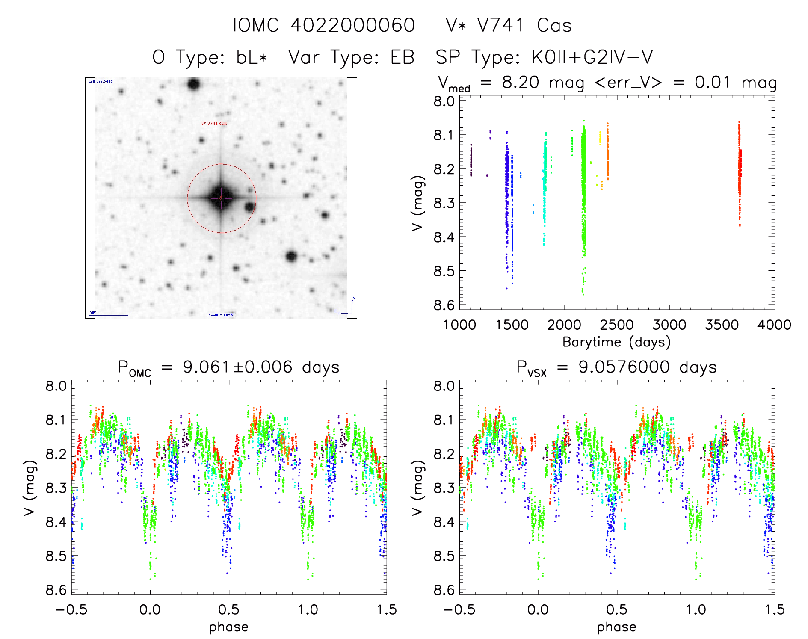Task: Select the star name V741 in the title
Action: pyautogui.click(x=500, y=26)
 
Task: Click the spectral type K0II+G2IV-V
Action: pyautogui.click(x=592, y=58)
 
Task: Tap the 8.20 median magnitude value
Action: pyautogui.click(x=521, y=82)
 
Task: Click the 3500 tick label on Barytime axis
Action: pyautogui.click(x=722, y=325)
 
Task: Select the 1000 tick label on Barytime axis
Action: pyautogui.click(x=459, y=325)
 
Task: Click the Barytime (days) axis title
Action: pyautogui.click(x=616, y=342)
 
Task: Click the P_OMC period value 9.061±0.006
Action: pyautogui.click(x=237, y=367)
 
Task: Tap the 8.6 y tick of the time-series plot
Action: pyautogui.click(x=444, y=305)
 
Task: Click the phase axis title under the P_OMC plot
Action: pyautogui.click(x=229, y=627)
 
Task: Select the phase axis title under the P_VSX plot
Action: pyautogui.click(x=616, y=627)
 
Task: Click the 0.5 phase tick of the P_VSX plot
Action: pyautogui.click(x=617, y=610)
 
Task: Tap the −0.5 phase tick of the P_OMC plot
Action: pyautogui.click(x=71, y=610)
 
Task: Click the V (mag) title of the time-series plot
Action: pyautogui.click(x=417, y=203)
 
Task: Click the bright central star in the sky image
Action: pyautogui.click(x=221, y=198)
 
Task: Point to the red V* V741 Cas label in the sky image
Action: pyautogui.click(x=214, y=124)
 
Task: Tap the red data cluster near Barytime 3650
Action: pyautogui.click(x=739, y=171)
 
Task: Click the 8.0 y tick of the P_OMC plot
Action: pyautogui.click(x=56, y=386)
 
